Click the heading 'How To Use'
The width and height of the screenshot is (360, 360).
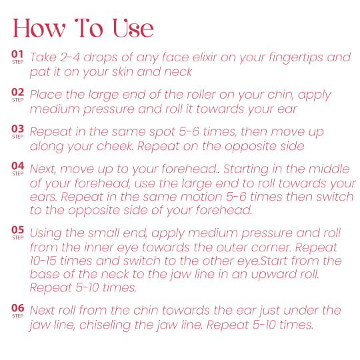(83, 29)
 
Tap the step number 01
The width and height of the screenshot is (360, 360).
(18, 55)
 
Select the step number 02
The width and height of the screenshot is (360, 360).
(18, 92)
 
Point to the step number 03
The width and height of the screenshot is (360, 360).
(18, 129)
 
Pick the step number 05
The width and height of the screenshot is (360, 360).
(18, 231)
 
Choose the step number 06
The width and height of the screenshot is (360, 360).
(18, 308)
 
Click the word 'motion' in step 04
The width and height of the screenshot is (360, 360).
(200, 197)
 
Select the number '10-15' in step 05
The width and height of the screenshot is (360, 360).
(46, 261)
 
